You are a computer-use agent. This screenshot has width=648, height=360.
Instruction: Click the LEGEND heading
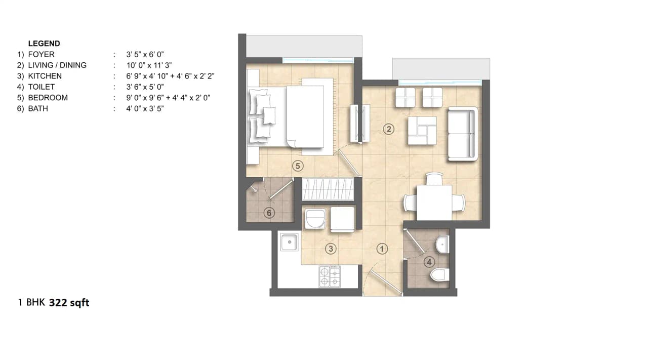[x=44, y=44]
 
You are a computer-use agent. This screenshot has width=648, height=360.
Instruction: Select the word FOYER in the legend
[x=42, y=54]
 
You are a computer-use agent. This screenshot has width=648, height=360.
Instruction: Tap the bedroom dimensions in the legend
[x=169, y=98]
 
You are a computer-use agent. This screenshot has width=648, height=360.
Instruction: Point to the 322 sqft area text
[x=69, y=303]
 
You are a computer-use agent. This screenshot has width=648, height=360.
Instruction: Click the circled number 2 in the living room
[x=389, y=129]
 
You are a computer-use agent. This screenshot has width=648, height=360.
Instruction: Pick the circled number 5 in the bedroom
[x=297, y=165]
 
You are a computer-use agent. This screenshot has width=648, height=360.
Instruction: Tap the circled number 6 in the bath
[x=269, y=213]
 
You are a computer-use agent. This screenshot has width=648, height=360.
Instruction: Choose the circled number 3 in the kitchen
[x=331, y=249]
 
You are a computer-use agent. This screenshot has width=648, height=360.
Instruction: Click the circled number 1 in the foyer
[x=383, y=249]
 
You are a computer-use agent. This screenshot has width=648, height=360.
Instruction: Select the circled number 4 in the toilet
[x=429, y=262]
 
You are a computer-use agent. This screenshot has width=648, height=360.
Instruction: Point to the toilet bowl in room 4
[x=439, y=275]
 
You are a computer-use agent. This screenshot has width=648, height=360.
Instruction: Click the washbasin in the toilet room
[x=442, y=245]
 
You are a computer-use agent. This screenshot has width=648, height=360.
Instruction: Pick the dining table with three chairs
[x=434, y=202]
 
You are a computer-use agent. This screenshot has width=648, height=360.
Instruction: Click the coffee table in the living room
[x=422, y=130]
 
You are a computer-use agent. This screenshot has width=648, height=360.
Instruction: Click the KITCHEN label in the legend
[x=45, y=76]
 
